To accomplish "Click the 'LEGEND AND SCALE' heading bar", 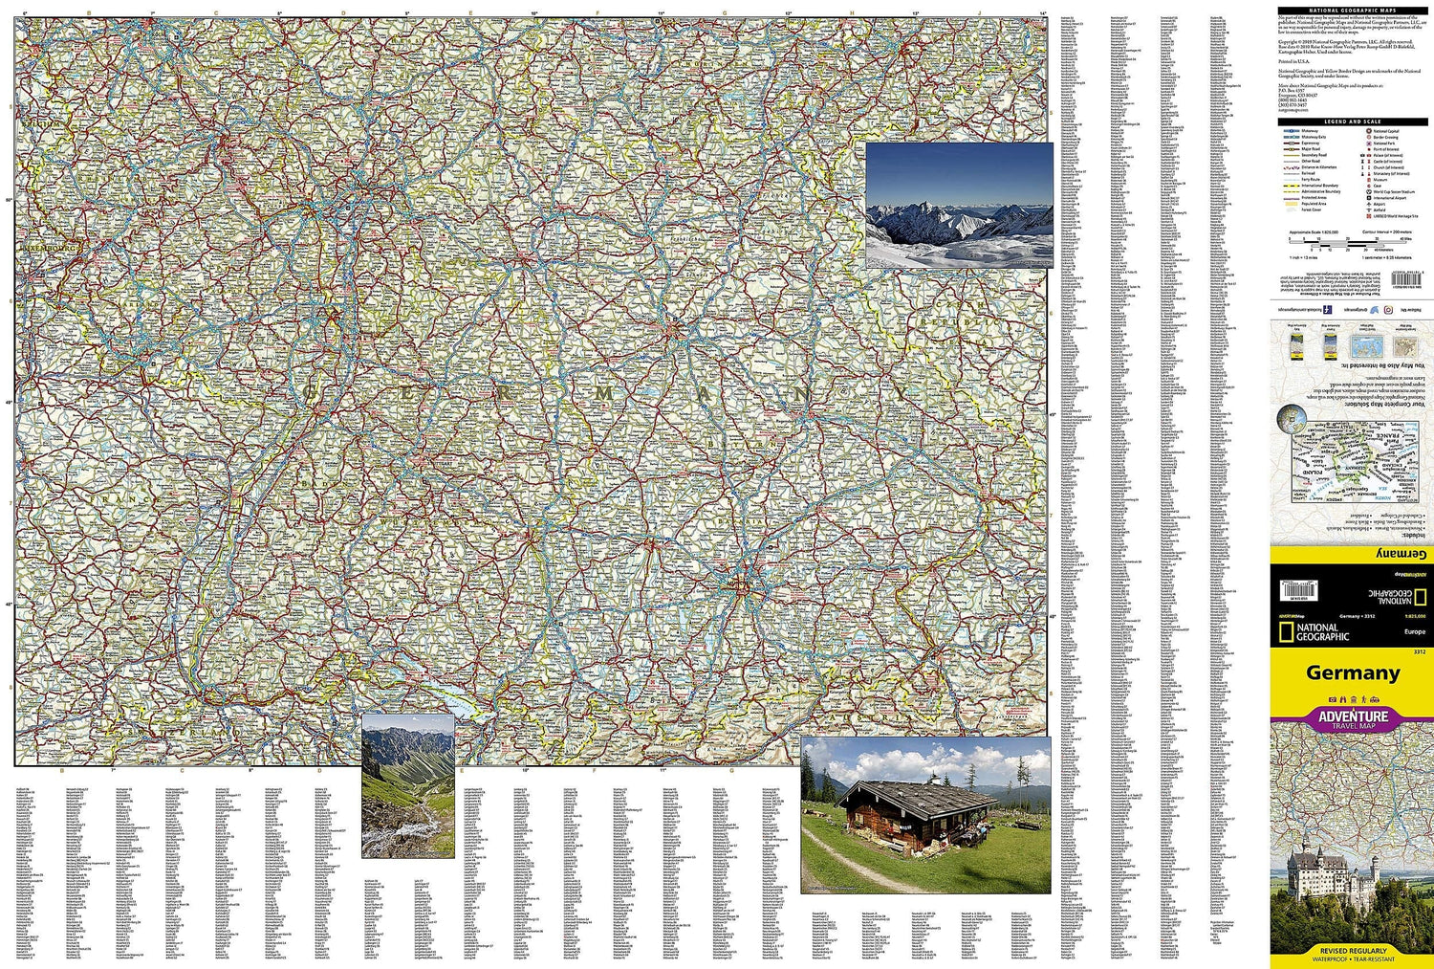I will (x=1352, y=121).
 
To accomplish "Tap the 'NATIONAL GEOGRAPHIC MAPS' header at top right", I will (x=1352, y=11).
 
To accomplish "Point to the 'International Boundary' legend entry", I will (x=1318, y=186).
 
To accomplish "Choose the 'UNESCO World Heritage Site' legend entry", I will (x=1397, y=216).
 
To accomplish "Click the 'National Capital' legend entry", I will (x=1386, y=131).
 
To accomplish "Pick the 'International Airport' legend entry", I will (x=1389, y=198).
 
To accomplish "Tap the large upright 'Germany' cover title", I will (x=1353, y=672).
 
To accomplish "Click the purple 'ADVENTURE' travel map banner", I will (x=1352, y=717).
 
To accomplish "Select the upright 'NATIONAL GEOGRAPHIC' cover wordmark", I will (x=1322, y=632).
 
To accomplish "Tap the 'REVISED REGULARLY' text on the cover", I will (x=1352, y=951).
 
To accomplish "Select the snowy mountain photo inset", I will (x=959, y=205).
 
